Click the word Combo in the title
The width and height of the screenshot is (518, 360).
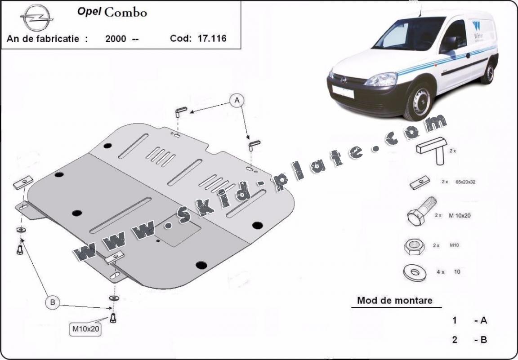pos(125,12)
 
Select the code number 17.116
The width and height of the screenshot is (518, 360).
pos(211,38)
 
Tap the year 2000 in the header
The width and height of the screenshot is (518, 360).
pos(116,39)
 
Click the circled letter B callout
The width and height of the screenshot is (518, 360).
pos(53,302)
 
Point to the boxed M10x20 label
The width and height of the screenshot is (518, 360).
pos(85,329)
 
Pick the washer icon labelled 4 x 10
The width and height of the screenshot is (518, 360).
pos(412,271)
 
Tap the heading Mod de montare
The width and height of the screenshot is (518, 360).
pos(394,300)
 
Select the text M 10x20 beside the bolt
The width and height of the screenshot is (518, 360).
pos(460,215)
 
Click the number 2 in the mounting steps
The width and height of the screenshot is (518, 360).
pos(455,340)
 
